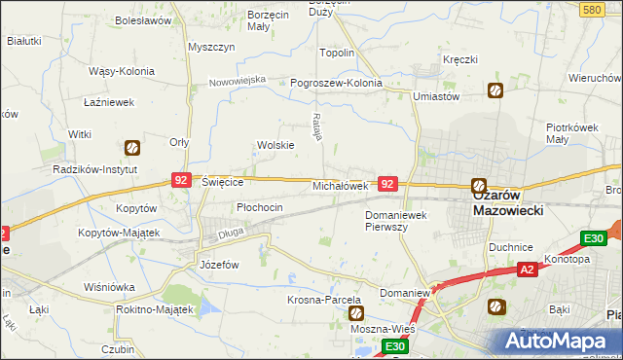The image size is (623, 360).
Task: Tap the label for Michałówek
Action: (x=339, y=185)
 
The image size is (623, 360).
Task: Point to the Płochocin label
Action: (x=260, y=207)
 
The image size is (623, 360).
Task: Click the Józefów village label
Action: (x=218, y=265)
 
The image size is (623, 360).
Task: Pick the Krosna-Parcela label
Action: (x=324, y=299)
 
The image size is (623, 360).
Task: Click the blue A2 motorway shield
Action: (x=527, y=269)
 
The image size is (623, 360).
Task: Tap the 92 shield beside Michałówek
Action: (x=387, y=183)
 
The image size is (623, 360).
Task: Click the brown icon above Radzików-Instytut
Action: (x=131, y=148)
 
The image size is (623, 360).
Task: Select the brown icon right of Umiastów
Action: (x=495, y=90)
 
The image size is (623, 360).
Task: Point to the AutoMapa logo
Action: (x=559, y=342)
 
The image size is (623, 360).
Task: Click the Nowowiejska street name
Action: (x=237, y=81)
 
